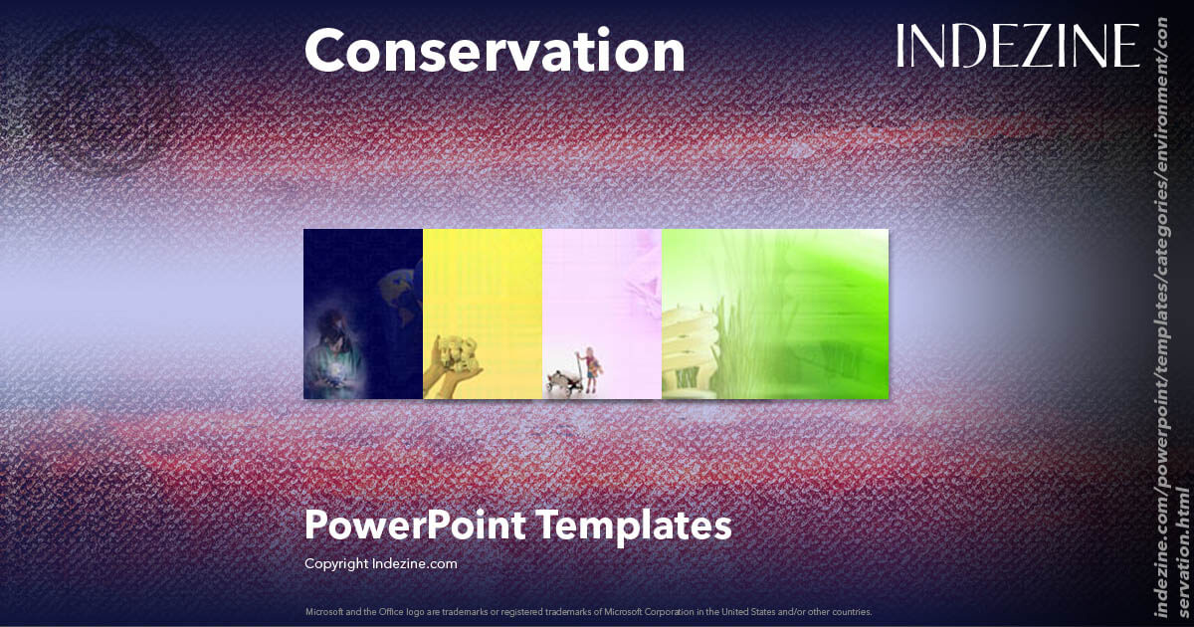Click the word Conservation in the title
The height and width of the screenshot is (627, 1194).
(x=495, y=51)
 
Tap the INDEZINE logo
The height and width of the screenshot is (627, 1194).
(x=1018, y=47)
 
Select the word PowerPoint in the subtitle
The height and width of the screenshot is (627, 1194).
(x=414, y=525)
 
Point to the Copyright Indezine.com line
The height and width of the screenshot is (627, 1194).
(x=380, y=563)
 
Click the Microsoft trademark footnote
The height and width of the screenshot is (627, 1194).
(x=588, y=611)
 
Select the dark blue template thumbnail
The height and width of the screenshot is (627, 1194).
(x=363, y=313)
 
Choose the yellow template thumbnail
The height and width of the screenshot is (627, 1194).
(x=483, y=313)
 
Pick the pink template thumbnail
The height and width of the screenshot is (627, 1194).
(x=602, y=313)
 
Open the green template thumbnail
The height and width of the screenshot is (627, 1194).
(x=774, y=313)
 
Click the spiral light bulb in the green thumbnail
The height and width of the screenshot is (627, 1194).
(x=689, y=348)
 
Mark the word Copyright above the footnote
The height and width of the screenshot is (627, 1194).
(x=336, y=563)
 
